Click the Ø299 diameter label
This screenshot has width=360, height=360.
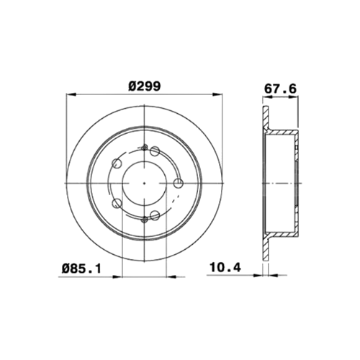(144, 86)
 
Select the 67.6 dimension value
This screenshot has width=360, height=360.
(280, 89)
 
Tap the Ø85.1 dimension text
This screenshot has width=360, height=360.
(81, 269)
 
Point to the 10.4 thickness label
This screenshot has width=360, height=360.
(225, 267)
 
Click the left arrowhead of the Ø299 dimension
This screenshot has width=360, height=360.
(71, 95)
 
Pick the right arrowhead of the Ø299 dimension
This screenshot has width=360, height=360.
(217, 95)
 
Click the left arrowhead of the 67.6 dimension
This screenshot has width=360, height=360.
(267, 96)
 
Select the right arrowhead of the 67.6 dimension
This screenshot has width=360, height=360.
(293, 96)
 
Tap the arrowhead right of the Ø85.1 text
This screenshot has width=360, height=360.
(171, 276)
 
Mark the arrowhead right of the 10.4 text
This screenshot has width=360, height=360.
(258, 275)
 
